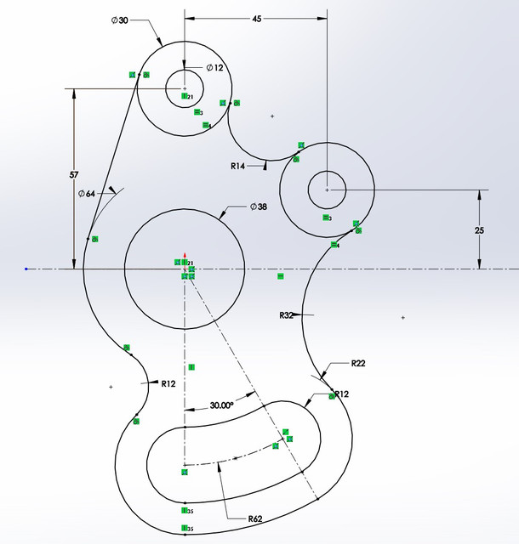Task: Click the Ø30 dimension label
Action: (x=119, y=21)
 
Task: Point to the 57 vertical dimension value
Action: (x=74, y=174)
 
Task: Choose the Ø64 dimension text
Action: (x=86, y=194)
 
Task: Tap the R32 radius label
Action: (x=287, y=314)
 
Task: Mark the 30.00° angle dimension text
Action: (x=221, y=405)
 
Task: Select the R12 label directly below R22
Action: (x=342, y=394)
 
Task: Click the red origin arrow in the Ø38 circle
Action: (x=185, y=255)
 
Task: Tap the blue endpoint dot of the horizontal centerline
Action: (x=26, y=269)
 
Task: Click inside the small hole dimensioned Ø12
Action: (x=185, y=86)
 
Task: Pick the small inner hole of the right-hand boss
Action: (x=327, y=190)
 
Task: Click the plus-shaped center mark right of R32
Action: (x=402, y=317)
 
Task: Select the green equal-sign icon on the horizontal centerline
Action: (x=280, y=276)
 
